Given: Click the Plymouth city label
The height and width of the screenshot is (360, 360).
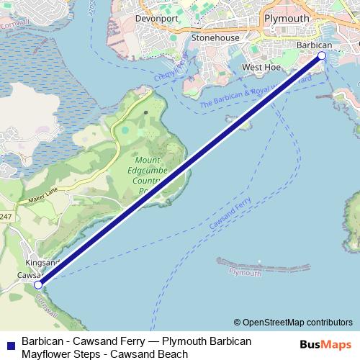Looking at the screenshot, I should click(x=287, y=18).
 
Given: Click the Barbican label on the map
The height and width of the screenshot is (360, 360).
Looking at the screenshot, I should click(x=314, y=45).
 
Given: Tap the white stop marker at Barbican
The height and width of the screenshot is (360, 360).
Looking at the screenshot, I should click(x=322, y=55).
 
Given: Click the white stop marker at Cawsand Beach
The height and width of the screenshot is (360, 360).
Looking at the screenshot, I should click(x=37, y=285).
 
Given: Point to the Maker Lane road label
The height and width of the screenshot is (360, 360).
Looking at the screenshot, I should click(x=42, y=197).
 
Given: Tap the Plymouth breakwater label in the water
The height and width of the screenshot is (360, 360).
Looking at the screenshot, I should click(x=246, y=273).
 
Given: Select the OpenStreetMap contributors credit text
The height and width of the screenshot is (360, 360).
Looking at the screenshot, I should click(x=293, y=323).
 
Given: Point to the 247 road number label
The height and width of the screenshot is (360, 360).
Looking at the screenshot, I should click(x=6, y=217).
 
